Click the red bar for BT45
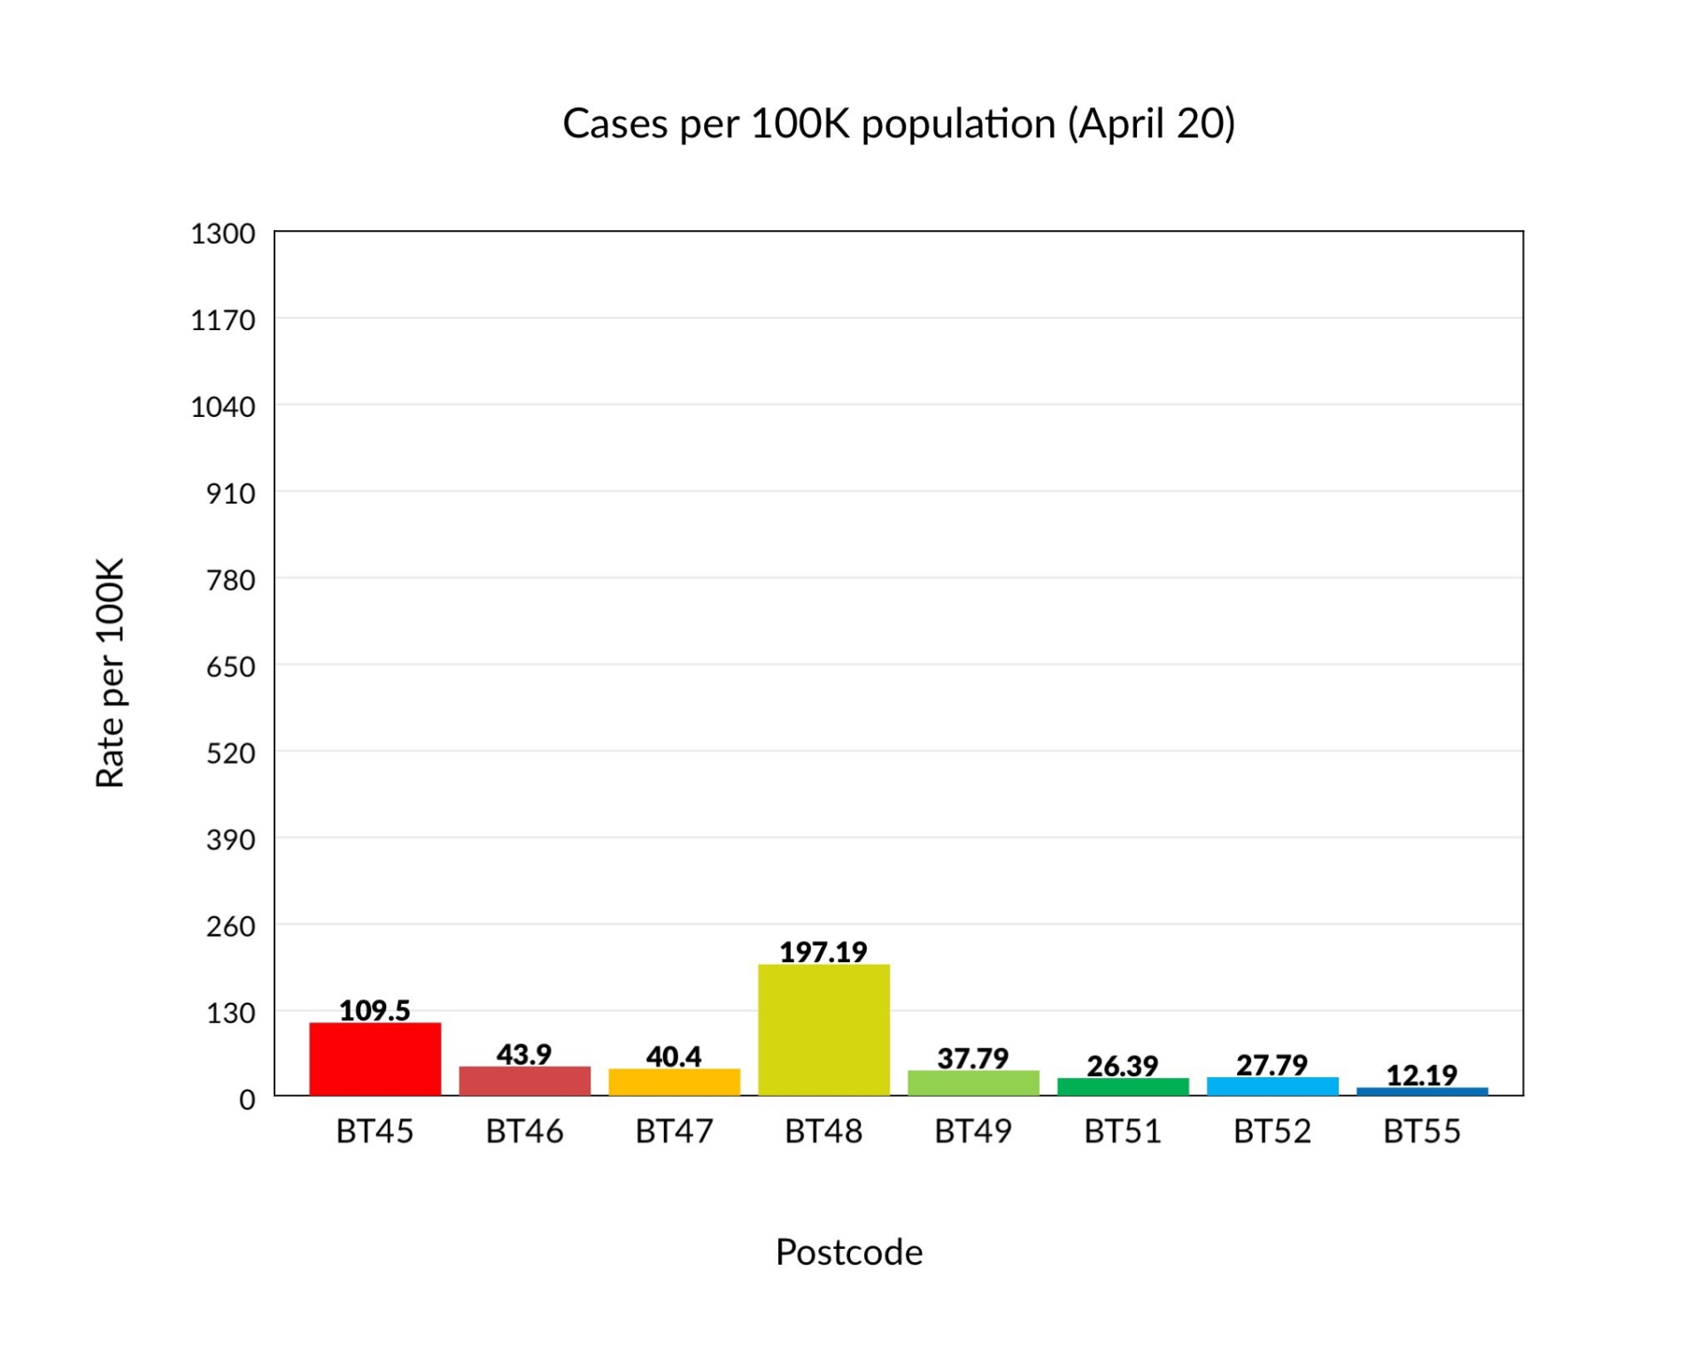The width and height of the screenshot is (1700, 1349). click(375, 1059)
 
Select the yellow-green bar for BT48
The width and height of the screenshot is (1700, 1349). click(823, 1029)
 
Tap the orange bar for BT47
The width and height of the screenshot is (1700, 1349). click(674, 1082)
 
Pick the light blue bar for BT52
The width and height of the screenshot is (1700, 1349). click(1272, 1086)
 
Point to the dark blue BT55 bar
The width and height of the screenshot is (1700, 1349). click(1422, 1091)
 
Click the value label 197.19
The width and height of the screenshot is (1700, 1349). click(823, 952)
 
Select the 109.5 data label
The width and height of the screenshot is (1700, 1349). click(375, 1010)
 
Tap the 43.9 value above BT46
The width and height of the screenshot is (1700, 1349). click(524, 1053)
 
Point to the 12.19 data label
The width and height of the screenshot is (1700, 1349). click(1422, 1075)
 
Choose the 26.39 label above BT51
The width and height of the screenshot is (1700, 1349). click(1123, 1066)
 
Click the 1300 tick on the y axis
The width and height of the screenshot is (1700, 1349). click(222, 234)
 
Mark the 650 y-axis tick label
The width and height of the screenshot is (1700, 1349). click(230, 667)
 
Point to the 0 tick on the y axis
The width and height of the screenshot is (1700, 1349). click(247, 1099)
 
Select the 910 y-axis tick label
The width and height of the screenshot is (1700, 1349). click(230, 493)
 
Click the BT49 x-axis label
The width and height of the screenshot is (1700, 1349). click(973, 1131)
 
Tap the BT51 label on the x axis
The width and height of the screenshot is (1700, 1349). click(1123, 1131)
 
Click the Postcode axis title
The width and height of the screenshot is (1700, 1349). click(849, 1252)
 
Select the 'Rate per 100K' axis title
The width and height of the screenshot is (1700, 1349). click(111, 673)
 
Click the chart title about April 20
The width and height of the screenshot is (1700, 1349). click(899, 123)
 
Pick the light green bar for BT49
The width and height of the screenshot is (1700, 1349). click(973, 1083)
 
